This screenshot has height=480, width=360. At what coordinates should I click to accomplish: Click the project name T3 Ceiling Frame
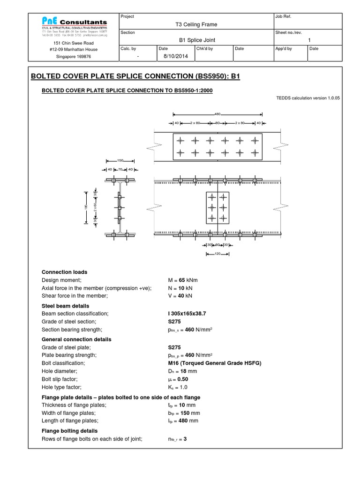pyautogui.click(x=195, y=24)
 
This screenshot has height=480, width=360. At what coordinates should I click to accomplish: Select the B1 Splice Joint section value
pyautogui.click(x=195, y=40)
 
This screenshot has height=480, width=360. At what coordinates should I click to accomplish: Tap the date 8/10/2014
pyautogui.click(x=171, y=56)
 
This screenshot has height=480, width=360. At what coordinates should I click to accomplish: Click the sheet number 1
pyautogui.click(x=309, y=40)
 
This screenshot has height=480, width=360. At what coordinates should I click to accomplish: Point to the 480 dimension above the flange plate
pyautogui.click(x=217, y=114)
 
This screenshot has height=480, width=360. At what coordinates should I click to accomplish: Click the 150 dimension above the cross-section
pyautogui.click(x=120, y=160)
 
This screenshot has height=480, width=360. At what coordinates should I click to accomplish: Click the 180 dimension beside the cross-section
pyautogui.click(x=86, y=207)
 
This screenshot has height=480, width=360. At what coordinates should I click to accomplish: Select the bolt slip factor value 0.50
pyautogui.click(x=179, y=379)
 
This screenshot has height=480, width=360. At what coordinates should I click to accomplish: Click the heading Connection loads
pyautogui.click(x=64, y=272)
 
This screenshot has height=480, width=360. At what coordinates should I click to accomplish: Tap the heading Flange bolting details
pyautogui.click(x=70, y=431)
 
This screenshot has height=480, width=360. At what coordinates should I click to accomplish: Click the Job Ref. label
pyautogui.click(x=284, y=16)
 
